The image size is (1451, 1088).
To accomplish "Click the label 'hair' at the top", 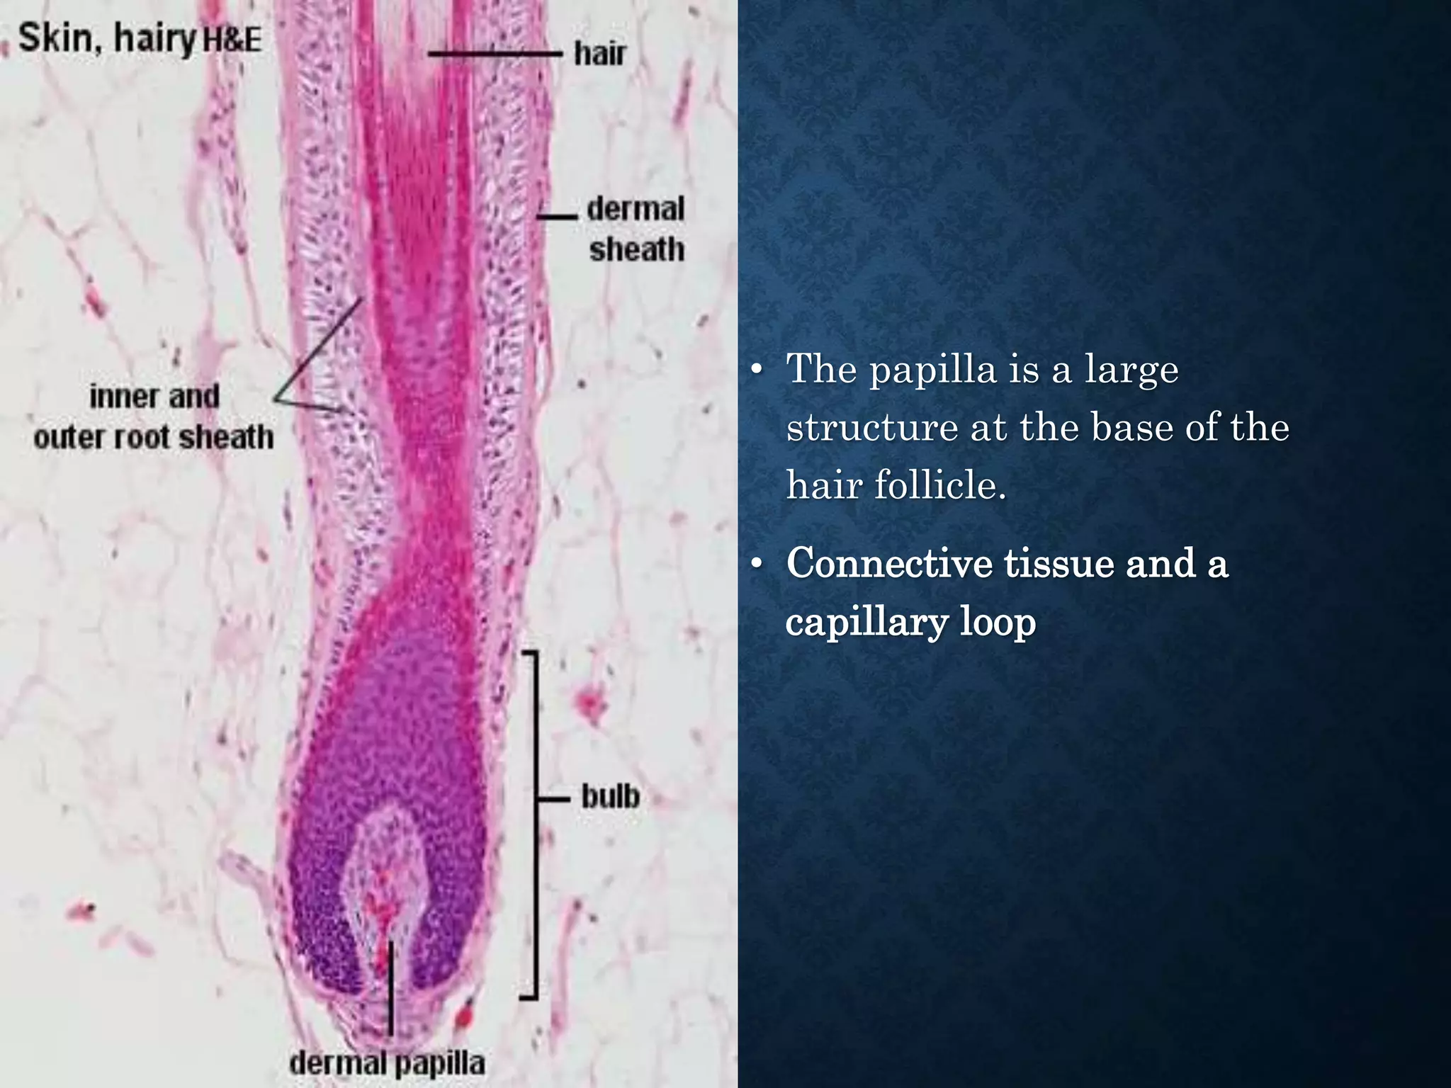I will click(600, 54).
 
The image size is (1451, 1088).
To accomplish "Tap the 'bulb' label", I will click(610, 797).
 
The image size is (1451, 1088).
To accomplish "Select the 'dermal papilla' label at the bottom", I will click(388, 1062).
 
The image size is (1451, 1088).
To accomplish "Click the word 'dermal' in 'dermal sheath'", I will click(636, 209).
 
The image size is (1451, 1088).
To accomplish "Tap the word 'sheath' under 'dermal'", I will click(637, 249).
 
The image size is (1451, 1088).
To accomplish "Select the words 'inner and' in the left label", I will click(154, 397).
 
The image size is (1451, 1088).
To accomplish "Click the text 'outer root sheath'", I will click(154, 437).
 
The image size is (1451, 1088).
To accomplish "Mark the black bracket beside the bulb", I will click(533, 825).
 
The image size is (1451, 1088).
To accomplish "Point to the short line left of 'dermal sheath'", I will click(557, 215).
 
